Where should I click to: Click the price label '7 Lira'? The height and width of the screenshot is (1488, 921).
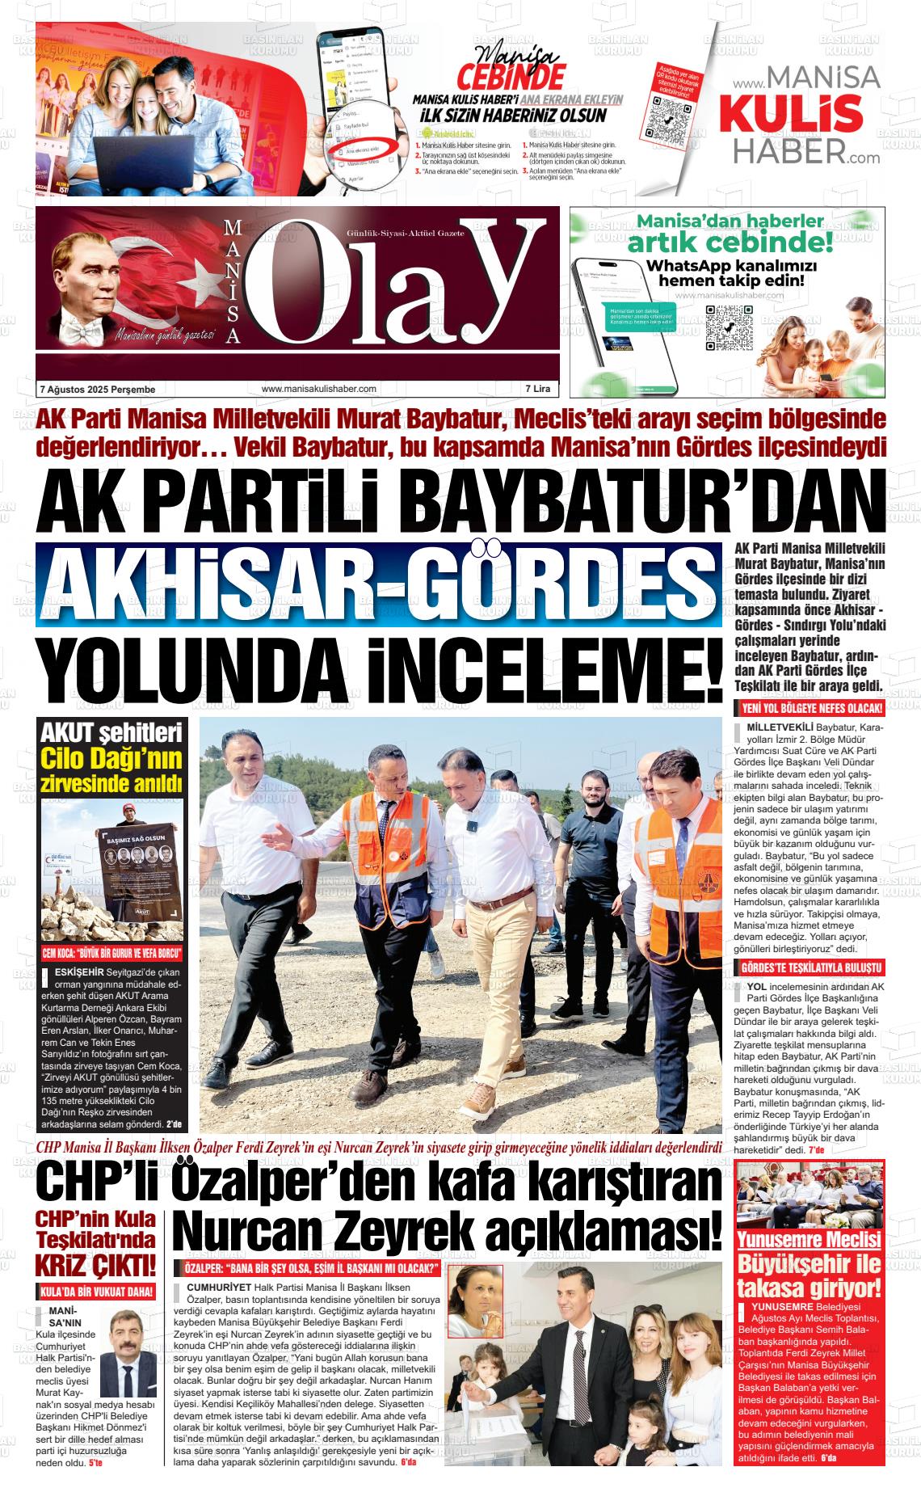pos(537,389)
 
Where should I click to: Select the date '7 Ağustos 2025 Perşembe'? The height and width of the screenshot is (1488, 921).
pos(97,390)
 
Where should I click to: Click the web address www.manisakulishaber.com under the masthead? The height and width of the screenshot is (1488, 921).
pos(318,389)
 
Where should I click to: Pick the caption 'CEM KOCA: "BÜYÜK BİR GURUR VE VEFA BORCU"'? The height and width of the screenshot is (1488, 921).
pos(111,954)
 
